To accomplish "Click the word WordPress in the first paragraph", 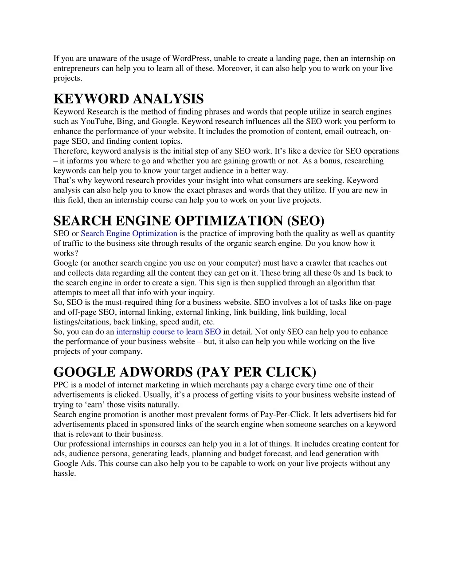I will tap(192, 59).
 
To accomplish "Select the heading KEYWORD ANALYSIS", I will tap(129, 99).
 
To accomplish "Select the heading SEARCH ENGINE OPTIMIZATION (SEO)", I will tap(189, 221).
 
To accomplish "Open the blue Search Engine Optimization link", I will tap(129, 233).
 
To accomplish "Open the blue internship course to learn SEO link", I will tap(168, 332).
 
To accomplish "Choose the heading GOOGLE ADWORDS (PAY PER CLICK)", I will tap(185, 372).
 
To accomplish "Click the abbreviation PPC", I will tap(60, 385).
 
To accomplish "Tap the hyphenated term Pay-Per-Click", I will tap(286, 414).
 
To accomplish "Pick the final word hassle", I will tap(64, 473).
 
